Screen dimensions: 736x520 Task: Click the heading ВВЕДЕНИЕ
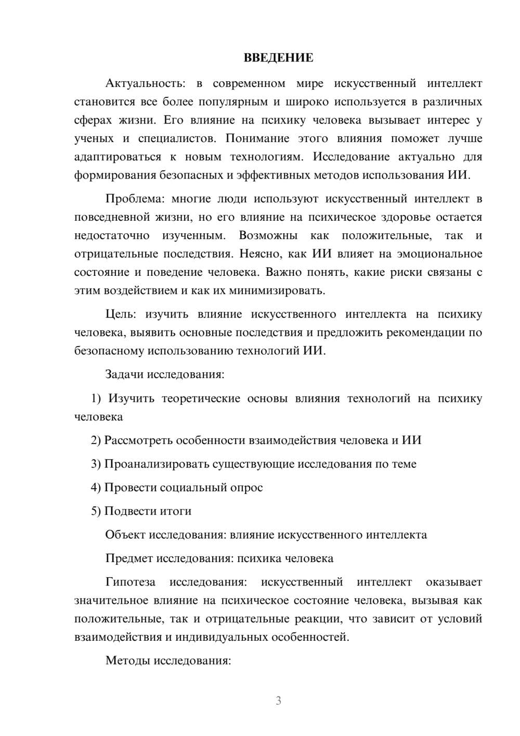click(278, 58)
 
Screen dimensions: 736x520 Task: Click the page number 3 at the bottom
click(278, 701)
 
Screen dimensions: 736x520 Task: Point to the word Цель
click(120, 314)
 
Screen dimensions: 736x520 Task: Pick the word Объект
click(125, 535)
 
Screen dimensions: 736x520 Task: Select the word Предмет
click(129, 559)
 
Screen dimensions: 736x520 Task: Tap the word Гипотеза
click(130, 582)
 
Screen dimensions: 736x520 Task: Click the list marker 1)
click(96, 399)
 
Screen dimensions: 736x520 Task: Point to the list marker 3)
click(96, 464)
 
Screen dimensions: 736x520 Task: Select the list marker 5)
click(96, 511)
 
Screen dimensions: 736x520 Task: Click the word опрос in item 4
click(247, 488)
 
